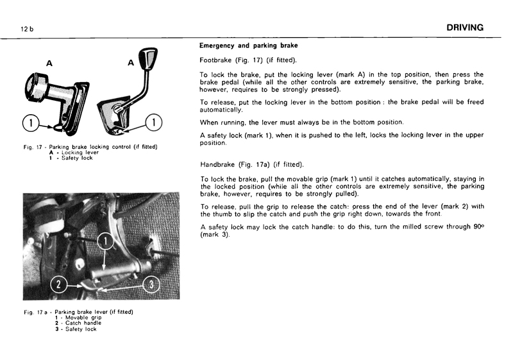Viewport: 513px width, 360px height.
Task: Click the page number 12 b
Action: click(x=27, y=30)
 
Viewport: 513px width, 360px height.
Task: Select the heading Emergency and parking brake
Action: click(x=248, y=46)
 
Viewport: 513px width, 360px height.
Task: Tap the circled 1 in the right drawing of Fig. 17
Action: click(x=155, y=122)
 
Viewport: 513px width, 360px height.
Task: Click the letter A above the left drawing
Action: click(x=49, y=64)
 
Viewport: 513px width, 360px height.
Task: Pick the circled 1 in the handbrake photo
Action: click(x=107, y=243)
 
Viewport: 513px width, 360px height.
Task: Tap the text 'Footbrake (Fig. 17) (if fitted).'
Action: click(x=249, y=60)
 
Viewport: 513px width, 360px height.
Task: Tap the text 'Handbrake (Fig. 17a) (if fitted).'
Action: click(x=252, y=164)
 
